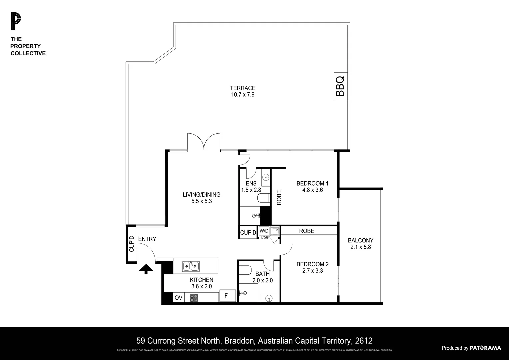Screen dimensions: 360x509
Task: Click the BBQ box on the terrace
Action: coord(340,86)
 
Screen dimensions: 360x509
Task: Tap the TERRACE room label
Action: coord(242,88)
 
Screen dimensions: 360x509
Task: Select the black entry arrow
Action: coord(146,269)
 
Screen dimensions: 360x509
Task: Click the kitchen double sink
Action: coord(191,266)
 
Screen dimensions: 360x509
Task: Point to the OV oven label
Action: coord(178,298)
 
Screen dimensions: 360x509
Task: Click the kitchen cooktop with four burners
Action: coord(194,298)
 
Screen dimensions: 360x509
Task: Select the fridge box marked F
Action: coord(226,296)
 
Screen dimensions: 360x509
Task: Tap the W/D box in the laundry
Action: coord(264,231)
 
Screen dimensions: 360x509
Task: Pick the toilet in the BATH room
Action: coord(245,270)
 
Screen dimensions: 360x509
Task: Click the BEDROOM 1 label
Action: coord(312,183)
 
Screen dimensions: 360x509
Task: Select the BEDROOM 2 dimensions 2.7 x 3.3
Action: coord(312,271)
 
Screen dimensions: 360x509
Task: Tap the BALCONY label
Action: coord(360,240)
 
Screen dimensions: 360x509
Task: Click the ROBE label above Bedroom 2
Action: coord(306,231)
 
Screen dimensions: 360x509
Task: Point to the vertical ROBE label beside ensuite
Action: coord(279,197)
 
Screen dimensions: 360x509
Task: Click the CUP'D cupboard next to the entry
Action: coord(131,244)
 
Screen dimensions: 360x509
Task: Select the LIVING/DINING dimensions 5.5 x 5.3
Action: coord(201,201)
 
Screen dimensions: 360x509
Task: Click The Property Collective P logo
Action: coord(15,21)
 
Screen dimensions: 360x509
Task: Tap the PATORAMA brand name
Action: coord(485,348)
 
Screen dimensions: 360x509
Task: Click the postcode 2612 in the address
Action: coord(364,341)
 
